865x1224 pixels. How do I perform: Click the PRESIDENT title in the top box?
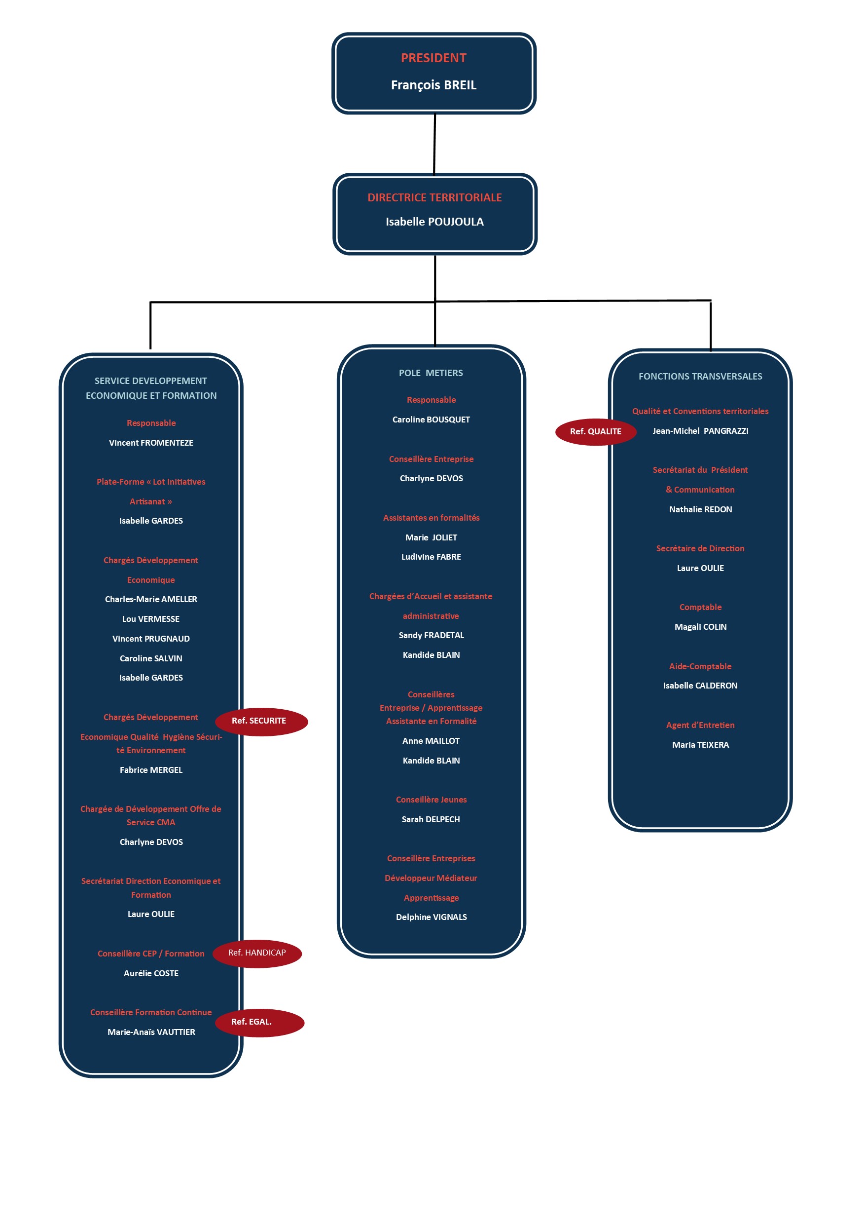coord(433,58)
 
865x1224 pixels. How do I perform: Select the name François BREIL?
coord(433,85)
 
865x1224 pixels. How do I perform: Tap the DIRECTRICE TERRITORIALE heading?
coord(434,198)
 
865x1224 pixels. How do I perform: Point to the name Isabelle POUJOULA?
coord(434,222)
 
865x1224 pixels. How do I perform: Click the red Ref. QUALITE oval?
coord(595,432)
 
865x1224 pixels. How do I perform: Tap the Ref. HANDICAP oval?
coord(257,953)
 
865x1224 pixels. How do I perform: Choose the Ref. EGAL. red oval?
coord(259,1023)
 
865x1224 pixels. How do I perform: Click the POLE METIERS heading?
coord(431,373)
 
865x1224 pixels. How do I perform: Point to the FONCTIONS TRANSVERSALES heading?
coord(700,377)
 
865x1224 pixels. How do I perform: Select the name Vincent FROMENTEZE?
coord(151,443)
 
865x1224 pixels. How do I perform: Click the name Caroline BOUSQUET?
coord(432,420)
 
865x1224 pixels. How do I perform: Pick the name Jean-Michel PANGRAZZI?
coord(700,431)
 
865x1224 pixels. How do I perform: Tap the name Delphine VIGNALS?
coord(432,917)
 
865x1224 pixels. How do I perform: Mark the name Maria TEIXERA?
coord(700,745)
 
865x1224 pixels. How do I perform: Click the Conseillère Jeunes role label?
coord(432,800)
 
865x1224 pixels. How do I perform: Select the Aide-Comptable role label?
coord(700,666)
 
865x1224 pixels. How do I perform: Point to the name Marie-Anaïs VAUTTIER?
coord(151,1032)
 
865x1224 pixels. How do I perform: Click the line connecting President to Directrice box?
coord(434,144)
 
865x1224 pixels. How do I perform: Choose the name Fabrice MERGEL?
coord(151,770)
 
